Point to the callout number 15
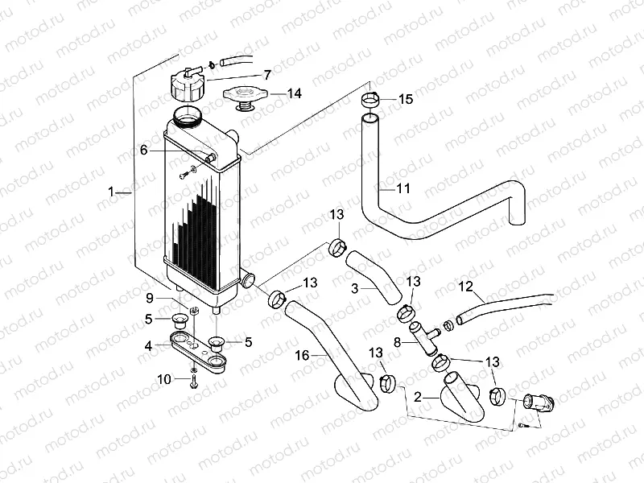[x=405, y=99]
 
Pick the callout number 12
[x=465, y=286]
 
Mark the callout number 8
[x=395, y=341]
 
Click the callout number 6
[x=144, y=150]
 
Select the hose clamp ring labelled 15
[x=370, y=101]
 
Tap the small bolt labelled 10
[x=195, y=377]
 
